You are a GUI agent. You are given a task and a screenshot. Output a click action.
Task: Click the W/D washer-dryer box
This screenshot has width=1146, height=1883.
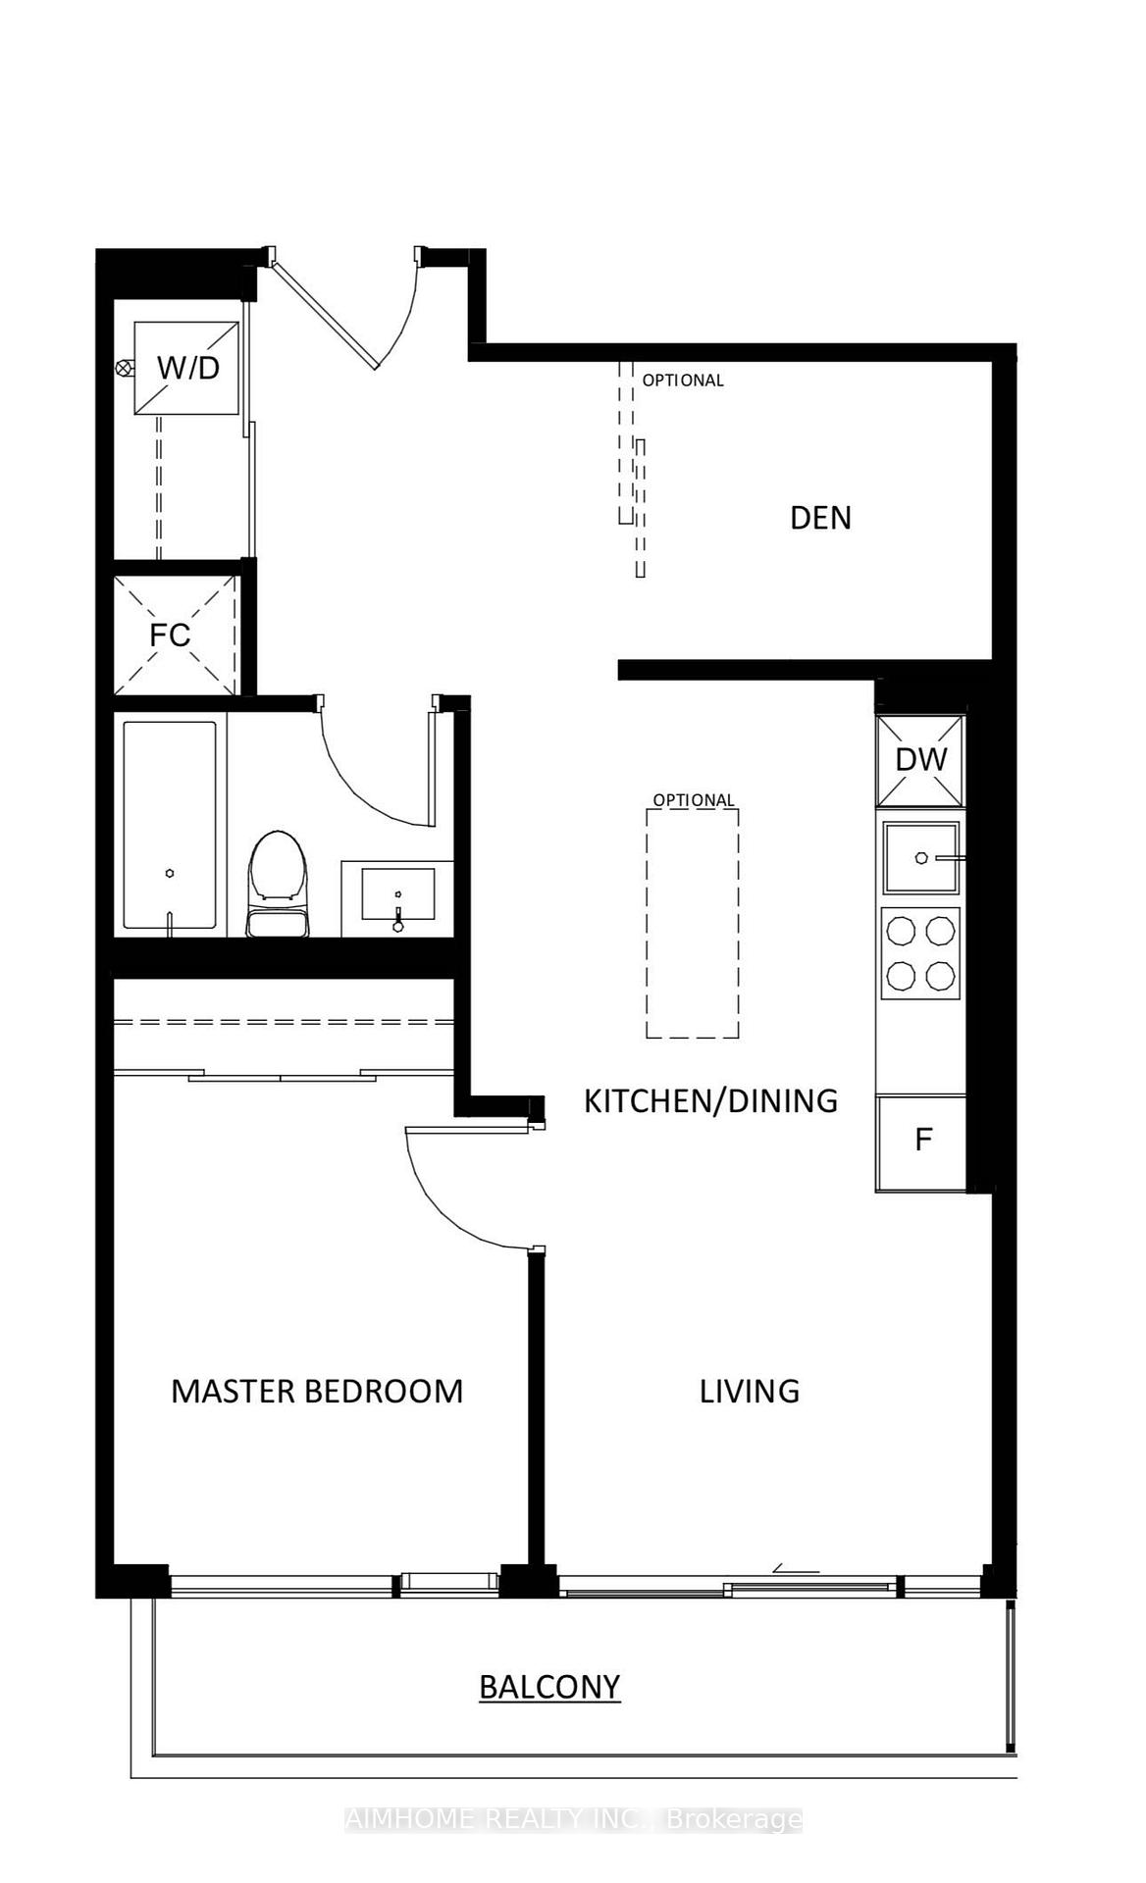click(186, 368)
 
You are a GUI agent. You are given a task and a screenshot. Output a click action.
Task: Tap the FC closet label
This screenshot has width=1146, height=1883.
click(170, 635)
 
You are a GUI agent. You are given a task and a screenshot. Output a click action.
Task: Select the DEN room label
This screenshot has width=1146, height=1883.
click(820, 518)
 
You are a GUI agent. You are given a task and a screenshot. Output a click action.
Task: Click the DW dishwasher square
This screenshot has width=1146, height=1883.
click(920, 759)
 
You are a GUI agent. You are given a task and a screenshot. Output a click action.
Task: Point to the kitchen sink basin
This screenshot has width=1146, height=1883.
click(920, 858)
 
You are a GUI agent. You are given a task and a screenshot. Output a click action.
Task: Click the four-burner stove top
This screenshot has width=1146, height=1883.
click(920, 952)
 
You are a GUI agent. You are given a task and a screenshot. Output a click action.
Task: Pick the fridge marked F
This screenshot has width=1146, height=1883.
click(922, 1141)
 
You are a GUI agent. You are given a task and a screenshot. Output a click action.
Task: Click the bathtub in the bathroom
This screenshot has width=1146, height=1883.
click(170, 826)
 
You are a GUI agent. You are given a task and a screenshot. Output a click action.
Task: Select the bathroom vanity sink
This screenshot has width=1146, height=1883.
click(397, 894)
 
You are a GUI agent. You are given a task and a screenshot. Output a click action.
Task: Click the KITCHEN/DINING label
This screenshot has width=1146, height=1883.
click(710, 1100)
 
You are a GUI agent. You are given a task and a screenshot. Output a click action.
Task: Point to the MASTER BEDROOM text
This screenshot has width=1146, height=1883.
click(317, 1391)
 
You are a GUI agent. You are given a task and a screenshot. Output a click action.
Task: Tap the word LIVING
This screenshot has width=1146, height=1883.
click(750, 1391)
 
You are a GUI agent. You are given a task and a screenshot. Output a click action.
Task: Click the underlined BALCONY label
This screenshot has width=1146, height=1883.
click(549, 1687)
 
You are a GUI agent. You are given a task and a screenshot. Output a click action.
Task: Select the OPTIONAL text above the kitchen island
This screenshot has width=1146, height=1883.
click(694, 800)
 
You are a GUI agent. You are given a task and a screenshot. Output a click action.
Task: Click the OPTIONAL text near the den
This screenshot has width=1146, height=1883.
click(683, 381)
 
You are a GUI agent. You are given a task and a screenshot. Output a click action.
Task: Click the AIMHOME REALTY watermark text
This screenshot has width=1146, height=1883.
click(573, 1820)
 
